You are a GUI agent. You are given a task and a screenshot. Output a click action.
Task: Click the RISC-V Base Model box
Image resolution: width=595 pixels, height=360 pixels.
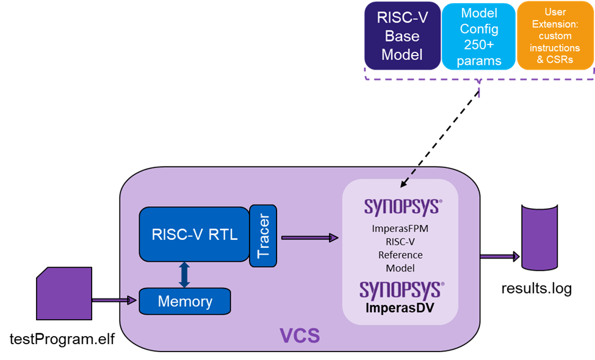tap(402, 35)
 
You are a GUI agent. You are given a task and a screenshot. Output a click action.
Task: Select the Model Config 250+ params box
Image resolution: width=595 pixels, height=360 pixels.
tap(479, 37)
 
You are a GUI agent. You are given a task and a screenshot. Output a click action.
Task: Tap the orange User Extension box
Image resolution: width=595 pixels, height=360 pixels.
tap(555, 35)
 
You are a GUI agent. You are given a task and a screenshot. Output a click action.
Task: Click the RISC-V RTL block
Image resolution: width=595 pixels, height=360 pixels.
tap(195, 234)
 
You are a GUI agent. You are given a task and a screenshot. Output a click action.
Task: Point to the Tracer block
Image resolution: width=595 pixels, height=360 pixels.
tap(264, 236)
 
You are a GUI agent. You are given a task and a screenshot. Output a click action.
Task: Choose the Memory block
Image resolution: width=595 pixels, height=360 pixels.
tap(185, 301)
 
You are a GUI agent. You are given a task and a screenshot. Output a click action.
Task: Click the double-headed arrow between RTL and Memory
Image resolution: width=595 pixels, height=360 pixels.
tap(184, 275)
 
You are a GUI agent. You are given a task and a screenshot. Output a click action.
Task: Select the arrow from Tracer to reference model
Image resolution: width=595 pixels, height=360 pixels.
tap(309, 237)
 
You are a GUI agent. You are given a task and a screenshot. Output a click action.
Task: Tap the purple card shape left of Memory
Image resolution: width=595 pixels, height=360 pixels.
tap(64, 293)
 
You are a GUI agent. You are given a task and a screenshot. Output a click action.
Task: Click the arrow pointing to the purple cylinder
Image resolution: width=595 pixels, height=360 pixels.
tap(499, 256)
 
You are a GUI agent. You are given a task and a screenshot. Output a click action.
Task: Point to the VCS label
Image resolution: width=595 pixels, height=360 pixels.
tap(300, 336)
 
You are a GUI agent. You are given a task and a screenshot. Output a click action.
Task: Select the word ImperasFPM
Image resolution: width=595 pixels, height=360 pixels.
tap(400, 229)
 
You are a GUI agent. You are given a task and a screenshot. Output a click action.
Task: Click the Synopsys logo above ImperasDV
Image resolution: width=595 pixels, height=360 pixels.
tap(401, 289)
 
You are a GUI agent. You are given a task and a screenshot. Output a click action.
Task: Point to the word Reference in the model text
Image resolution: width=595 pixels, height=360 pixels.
tap(400, 255)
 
